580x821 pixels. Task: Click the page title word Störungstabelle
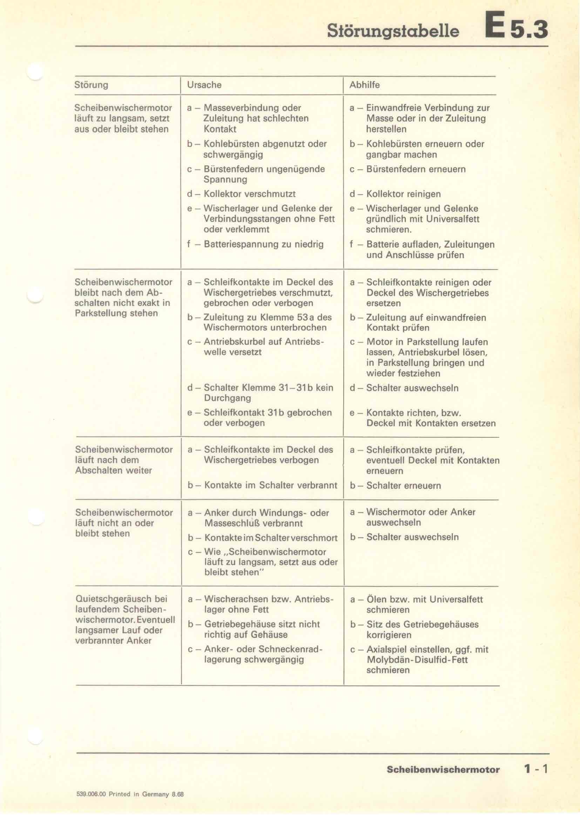click(x=393, y=31)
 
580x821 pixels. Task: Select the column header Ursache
click(x=204, y=85)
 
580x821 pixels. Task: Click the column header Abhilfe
click(x=364, y=85)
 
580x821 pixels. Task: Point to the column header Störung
click(x=91, y=85)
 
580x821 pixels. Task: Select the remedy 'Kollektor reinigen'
click(x=403, y=194)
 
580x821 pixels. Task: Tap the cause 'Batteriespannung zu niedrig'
click(x=263, y=245)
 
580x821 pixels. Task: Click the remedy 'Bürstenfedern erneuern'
click(x=416, y=169)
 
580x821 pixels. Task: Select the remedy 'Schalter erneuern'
click(x=403, y=485)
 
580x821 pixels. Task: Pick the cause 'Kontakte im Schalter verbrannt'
click(x=270, y=485)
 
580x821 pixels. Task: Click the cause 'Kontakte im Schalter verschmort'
click(x=271, y=538)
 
